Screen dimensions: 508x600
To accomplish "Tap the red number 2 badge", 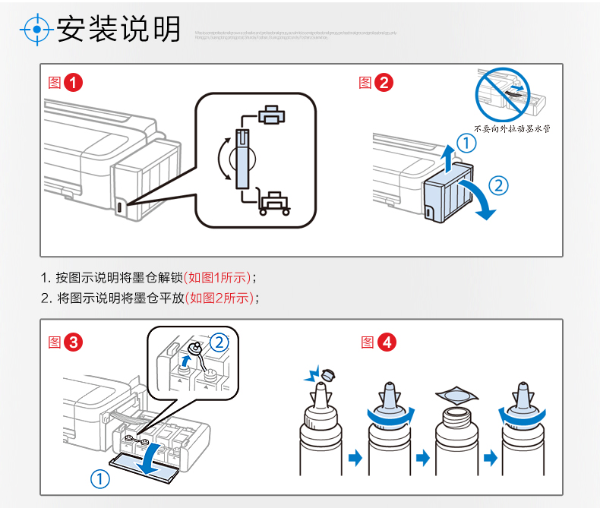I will point(384,83).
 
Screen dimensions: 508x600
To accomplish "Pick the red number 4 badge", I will point(387,342).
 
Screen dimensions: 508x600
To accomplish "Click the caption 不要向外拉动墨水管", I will point(513,129).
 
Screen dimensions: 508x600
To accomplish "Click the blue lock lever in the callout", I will point(243,158).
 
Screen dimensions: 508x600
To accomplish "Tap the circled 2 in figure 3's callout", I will point(219,342).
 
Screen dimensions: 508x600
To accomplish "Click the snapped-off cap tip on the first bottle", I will point(328,374).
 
